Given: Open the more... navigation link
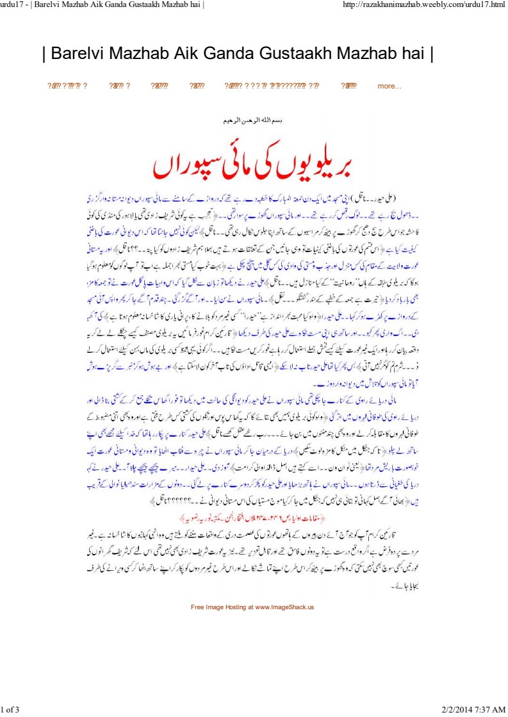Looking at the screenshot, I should point(389,86).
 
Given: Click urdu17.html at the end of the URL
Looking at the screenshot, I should point(482,6).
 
